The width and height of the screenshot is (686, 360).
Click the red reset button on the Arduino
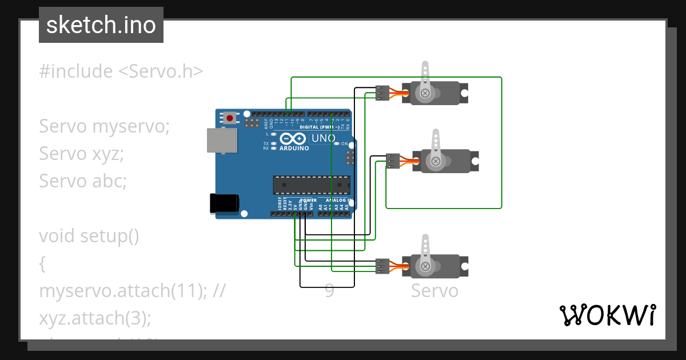click(230, 118)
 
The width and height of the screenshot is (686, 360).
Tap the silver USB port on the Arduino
click(221, 141)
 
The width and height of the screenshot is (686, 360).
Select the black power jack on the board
click(224, 203)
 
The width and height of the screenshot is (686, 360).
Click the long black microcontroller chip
click(312, 185)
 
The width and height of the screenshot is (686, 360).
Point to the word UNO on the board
click(324, 138)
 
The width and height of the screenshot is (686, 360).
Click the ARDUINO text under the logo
click(294, 148)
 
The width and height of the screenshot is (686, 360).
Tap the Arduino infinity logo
click(293, 139)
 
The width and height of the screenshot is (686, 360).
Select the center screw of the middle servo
click(436, 161)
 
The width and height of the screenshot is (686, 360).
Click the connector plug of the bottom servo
click(382, 266)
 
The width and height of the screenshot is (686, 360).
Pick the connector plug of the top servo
click(382, 93)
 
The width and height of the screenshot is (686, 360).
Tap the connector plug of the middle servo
click(393, 161)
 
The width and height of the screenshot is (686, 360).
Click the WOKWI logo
click(607, 315)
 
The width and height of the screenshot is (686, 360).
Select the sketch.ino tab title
click(101, 25)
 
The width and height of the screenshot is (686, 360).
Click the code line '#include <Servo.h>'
click(121, 71)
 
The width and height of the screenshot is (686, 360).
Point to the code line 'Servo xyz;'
click(81, 153)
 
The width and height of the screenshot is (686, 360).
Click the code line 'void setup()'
click(89, 235)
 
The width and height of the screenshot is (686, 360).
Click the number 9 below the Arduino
click(329, 291)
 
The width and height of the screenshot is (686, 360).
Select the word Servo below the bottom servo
click(434, 291)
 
